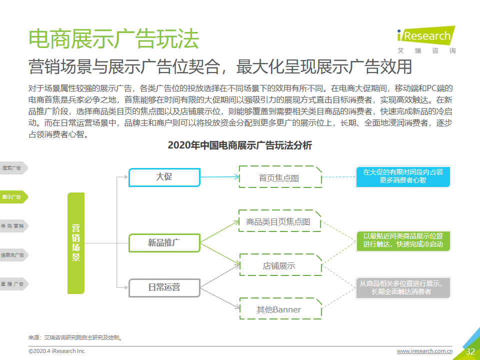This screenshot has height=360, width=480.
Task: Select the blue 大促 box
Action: click(164, 177)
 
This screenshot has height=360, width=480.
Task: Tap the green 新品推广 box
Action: click(164, 243)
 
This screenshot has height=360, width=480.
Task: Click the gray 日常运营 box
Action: click(164, 288)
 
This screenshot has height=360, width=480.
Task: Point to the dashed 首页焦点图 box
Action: click(280, 177)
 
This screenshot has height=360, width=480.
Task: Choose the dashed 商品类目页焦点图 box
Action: click(279, 220)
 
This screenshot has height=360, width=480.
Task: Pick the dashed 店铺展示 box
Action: click(280, 265)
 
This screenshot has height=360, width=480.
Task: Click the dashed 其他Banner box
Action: click(280, 308)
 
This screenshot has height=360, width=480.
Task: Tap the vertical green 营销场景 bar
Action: click(76, 243)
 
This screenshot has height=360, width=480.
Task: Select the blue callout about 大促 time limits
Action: click(403, 176)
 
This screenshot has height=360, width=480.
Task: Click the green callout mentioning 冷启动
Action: click(403, 240)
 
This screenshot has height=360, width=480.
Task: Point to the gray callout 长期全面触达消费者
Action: click(403, 288)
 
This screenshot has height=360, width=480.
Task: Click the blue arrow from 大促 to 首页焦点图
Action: click(219, 177)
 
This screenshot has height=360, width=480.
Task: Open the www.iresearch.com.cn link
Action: click(424, 351)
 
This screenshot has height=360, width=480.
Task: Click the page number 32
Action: click(470, 351)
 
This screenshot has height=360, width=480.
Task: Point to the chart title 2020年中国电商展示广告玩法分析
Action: click(239, 145)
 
